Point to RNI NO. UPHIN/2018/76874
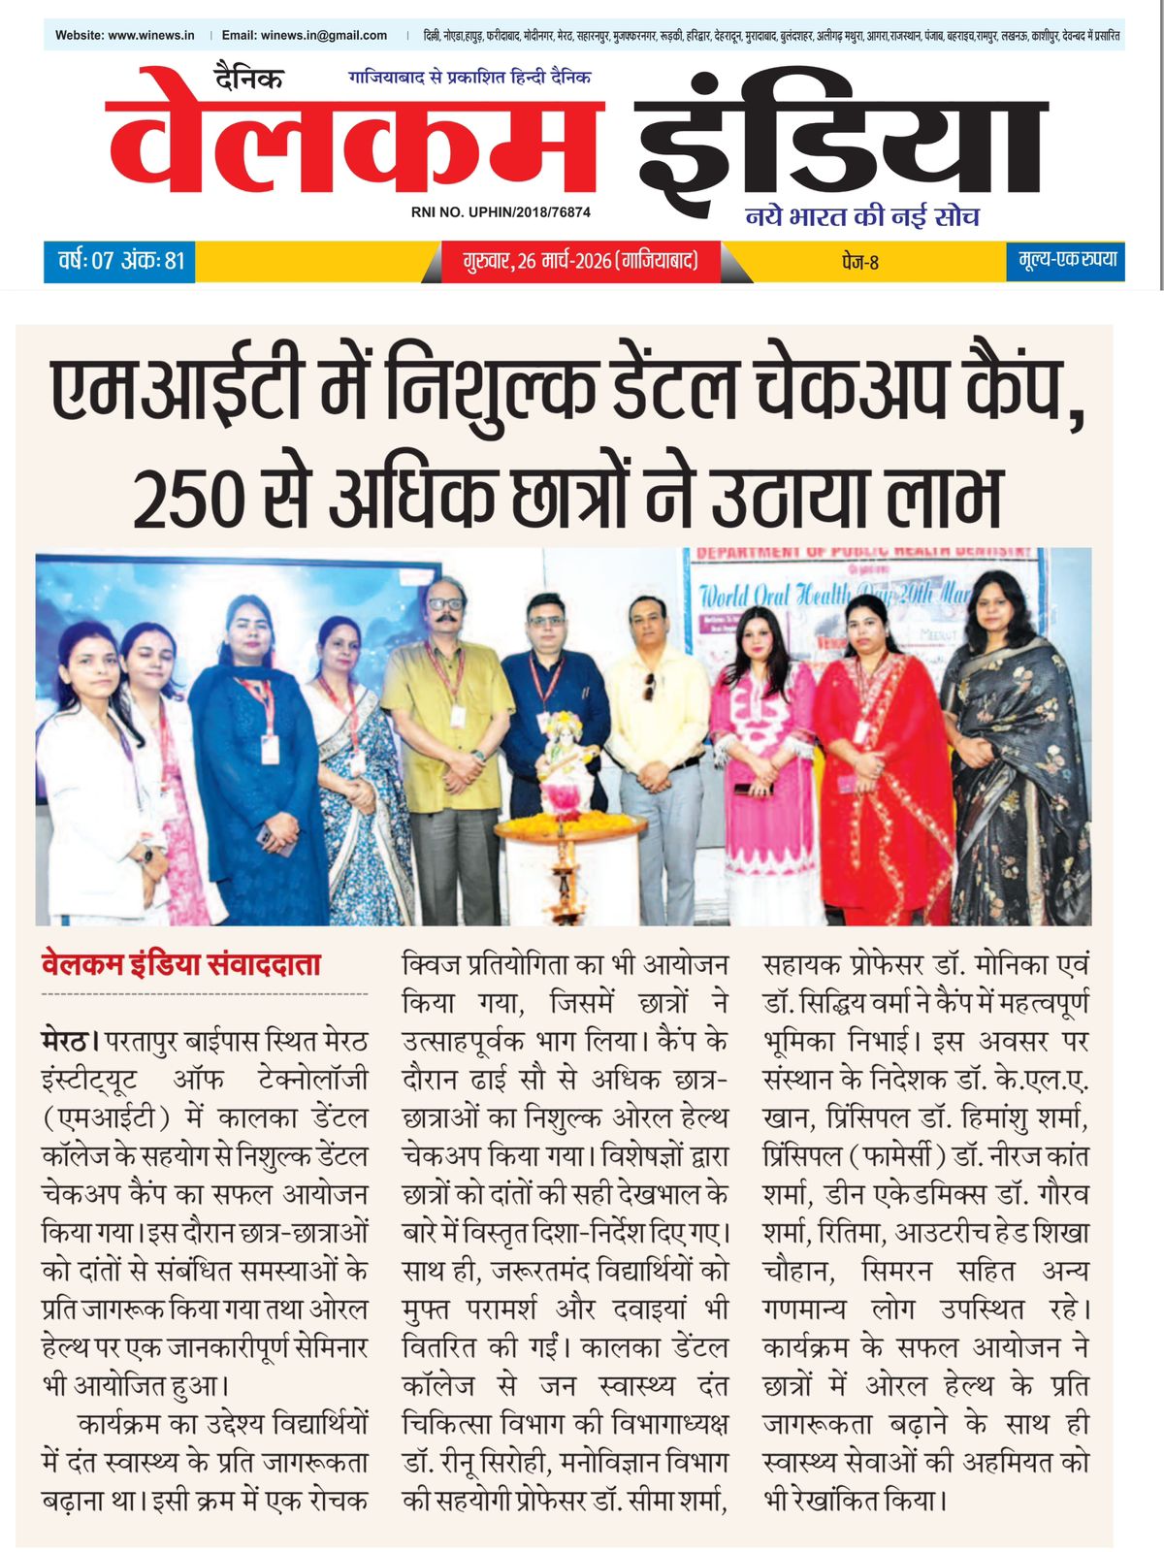[501, 211]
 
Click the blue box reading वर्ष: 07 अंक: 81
[120, 261]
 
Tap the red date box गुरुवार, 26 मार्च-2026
[580, 261]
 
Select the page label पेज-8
[859, 262]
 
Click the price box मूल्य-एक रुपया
[1067, 260]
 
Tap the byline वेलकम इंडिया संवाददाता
[180, 964]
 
